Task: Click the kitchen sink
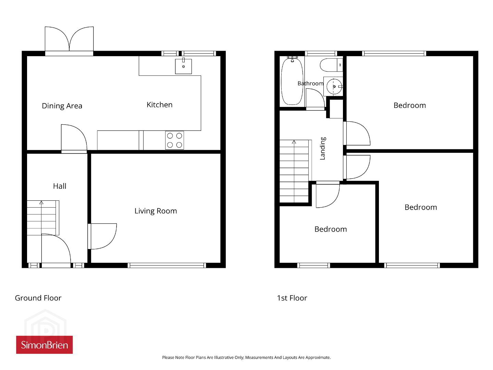pyautogui.click(x=183, y=66)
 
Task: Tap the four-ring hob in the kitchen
pyautogui.click(x=174, y=140)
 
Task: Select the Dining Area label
pyautogui.click(x=62, y=106)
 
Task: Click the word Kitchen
pyautogui.click(x=159, y=104)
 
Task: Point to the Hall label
pyautogui.click(x=60, y=186)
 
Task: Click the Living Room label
pyautogui.click(x=156, y=211)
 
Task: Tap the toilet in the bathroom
pyautogui.click(x=331, y=65)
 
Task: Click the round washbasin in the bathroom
pyautogui.click(x=334, y=86)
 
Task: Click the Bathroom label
pyautogui.click(x=310, y=83)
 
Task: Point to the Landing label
pyautogui.click(x=322, y=148)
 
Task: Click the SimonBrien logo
pyautogui.click(x=45, y=345)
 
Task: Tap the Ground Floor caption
pyautogui.click(x=38, y=298)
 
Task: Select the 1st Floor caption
pyautogui.click(x=292, y=298)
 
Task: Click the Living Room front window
pyautogui.click(x=167, y=266)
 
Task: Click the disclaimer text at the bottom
pyautogui.click(x=246, y=357)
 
